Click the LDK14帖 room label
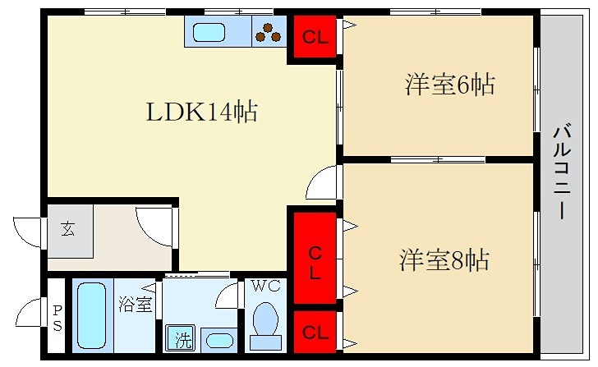[202, 112]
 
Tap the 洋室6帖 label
[449, 84]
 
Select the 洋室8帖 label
[445, 260]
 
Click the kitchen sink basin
[212, 34]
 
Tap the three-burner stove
[269, 33]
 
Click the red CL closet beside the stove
[313, 37]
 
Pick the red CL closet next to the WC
[313, 332]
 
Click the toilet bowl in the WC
[264, 322]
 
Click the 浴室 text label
[135, 305]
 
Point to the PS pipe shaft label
[56, 316]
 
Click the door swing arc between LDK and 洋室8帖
[323, 182]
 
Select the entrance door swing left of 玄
[26, 227]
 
